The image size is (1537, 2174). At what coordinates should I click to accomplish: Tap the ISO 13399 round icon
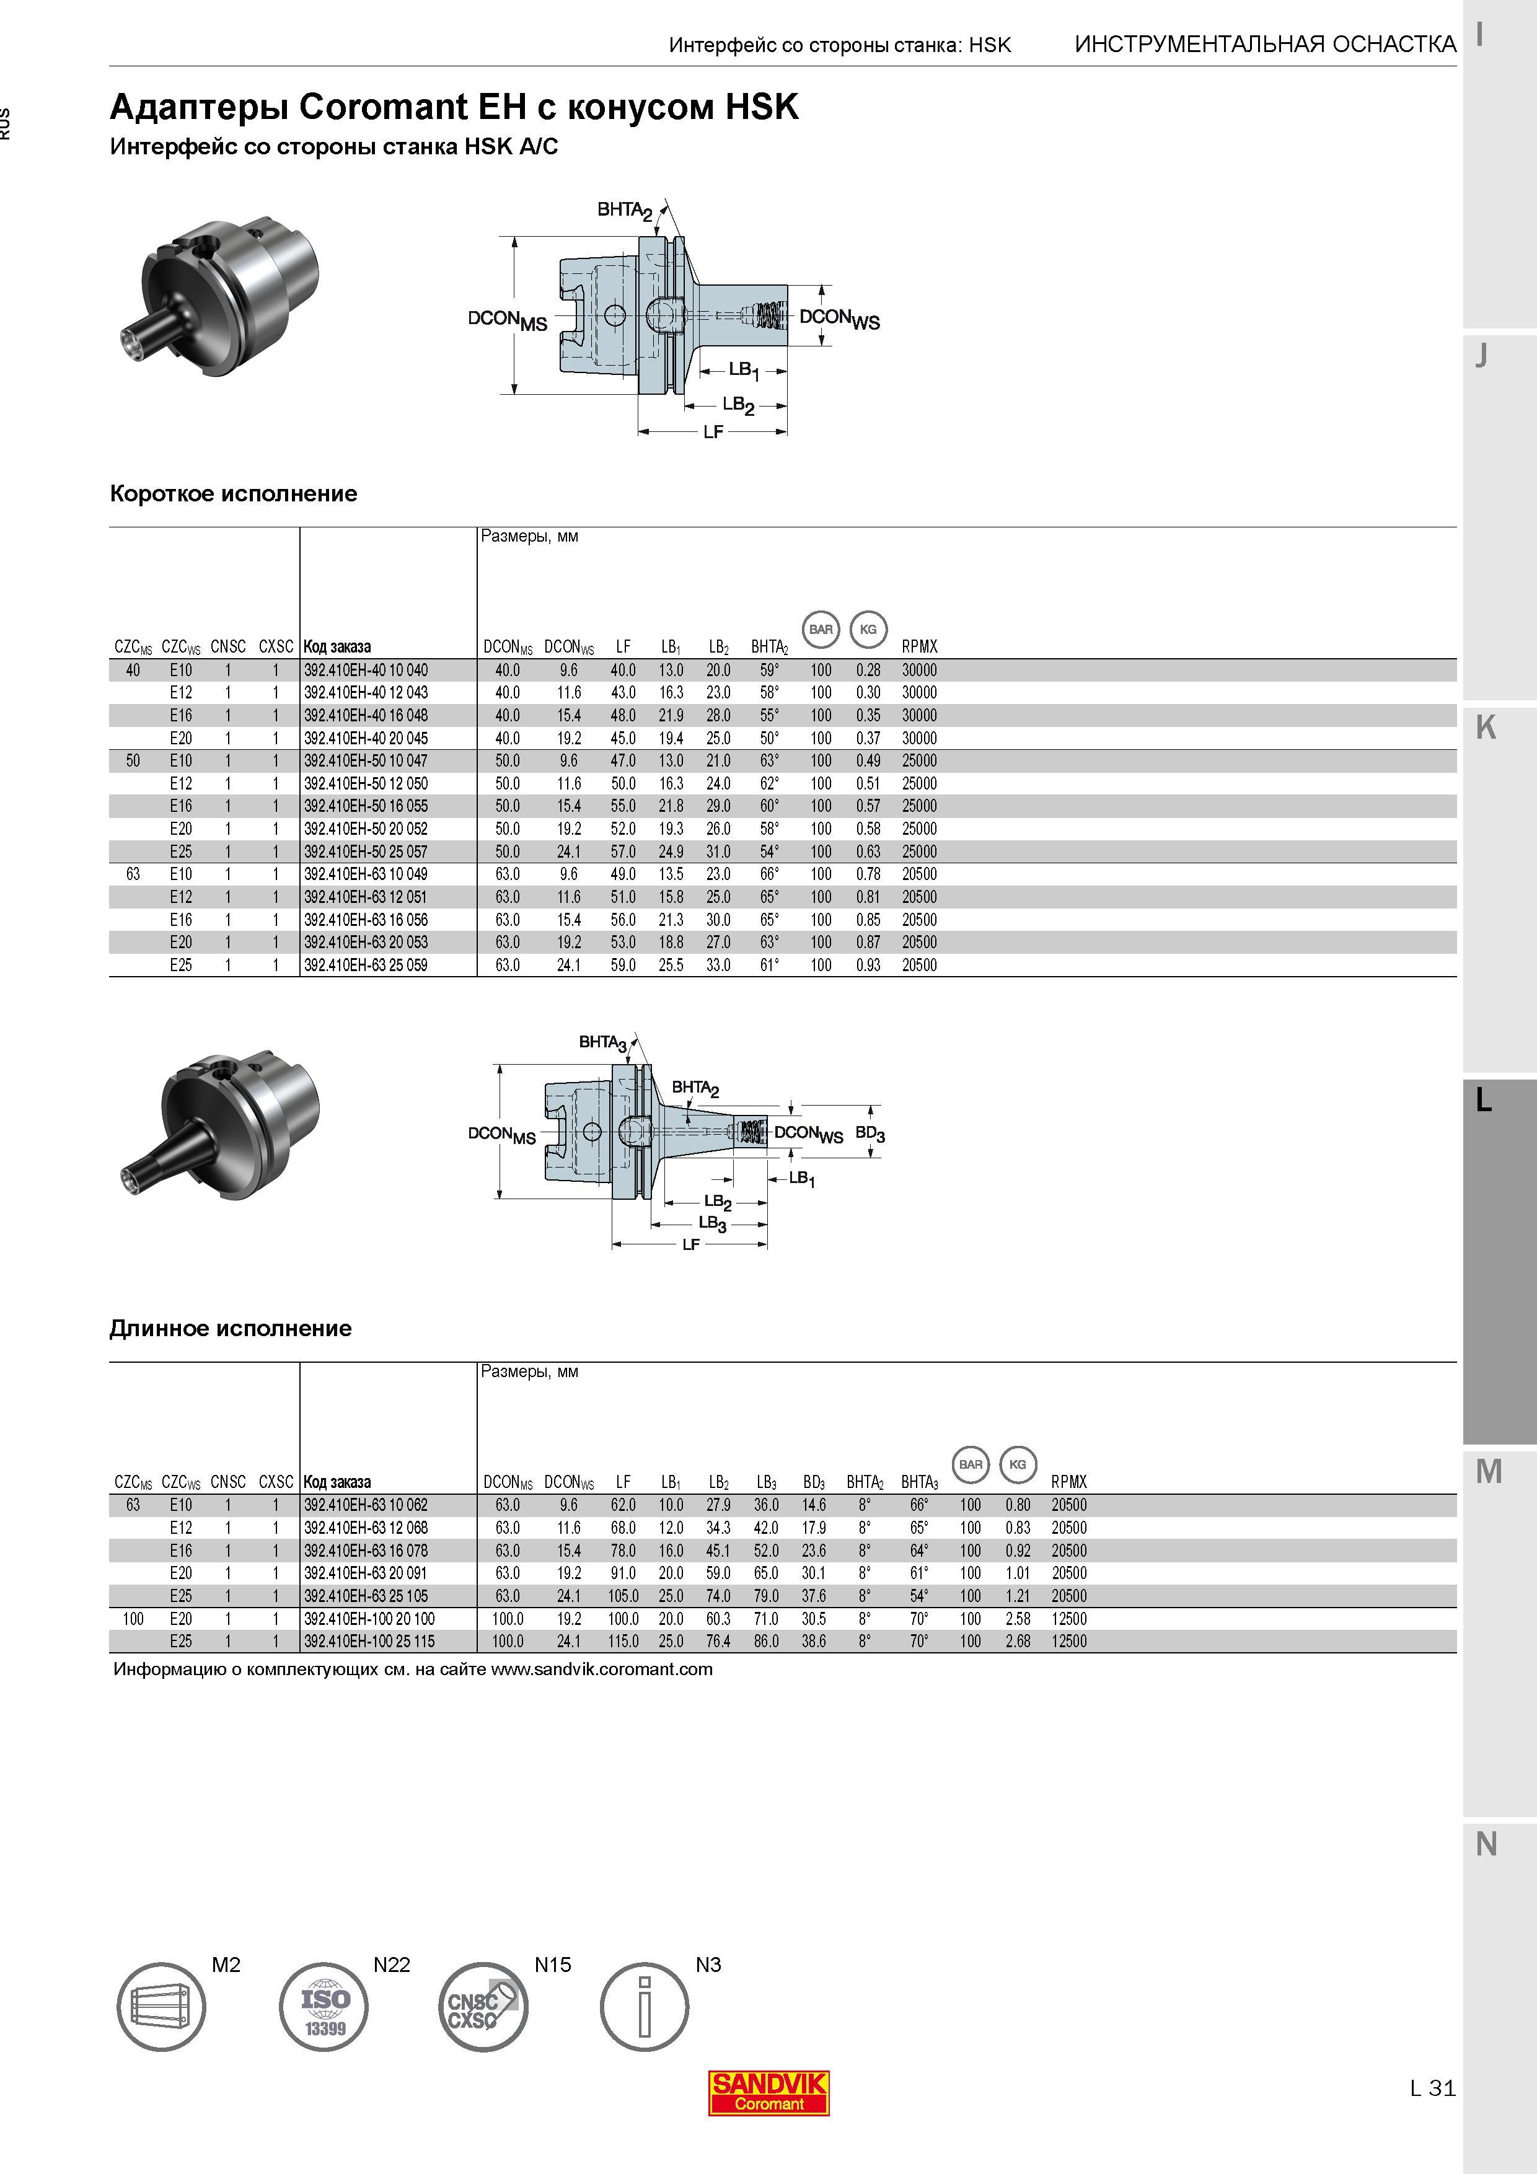click(324, 2007)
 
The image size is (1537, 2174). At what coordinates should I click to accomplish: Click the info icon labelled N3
click(645, 2007)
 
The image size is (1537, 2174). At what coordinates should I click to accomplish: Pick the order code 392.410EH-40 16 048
click(366, 716)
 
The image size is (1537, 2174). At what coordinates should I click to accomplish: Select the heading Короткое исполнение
click(233, 493)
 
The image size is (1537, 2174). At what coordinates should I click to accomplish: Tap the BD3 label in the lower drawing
click(870, 1133)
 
